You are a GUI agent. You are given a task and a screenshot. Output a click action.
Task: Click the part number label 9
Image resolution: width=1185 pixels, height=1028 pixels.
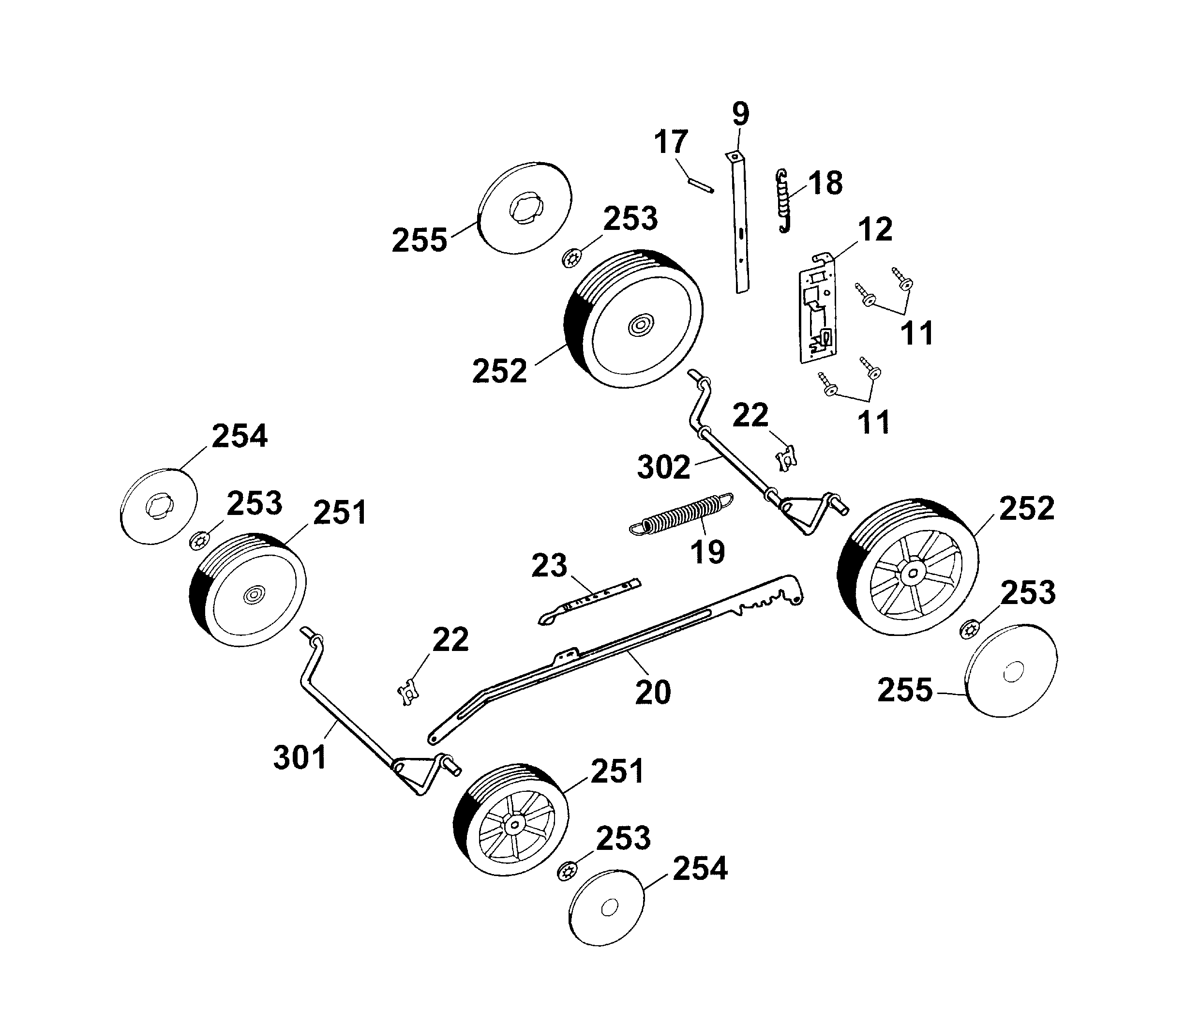pos(740,114)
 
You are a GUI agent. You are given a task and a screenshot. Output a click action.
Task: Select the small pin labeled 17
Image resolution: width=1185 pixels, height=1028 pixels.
pos(700,185)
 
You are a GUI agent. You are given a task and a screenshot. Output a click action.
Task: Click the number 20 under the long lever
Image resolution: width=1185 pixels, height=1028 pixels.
pos(653,693)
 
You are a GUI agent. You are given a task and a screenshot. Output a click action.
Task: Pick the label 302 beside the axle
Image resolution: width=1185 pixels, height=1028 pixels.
pos(663,468)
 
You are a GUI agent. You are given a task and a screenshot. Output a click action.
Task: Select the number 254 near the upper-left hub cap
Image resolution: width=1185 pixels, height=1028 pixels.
pos(239,436)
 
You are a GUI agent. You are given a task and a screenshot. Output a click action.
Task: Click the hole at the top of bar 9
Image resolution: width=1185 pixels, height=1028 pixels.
pos(735,157)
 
